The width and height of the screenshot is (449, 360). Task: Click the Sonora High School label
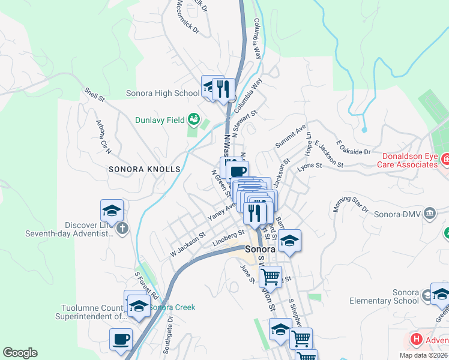(x=163, y=93)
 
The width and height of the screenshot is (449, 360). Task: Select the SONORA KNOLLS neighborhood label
(x=144, y=170)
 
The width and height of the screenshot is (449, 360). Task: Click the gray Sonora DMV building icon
(x=430, y=214)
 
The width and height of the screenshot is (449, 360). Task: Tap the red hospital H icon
(x=415, y=340)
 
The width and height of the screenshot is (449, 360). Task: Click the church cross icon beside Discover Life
(x=122, y=228)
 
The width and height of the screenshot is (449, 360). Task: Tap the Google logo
(x=20, y=353)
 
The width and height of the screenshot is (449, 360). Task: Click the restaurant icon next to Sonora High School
(x=223, y=89)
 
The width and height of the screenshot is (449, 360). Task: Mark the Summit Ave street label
(x=291, y=137)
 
